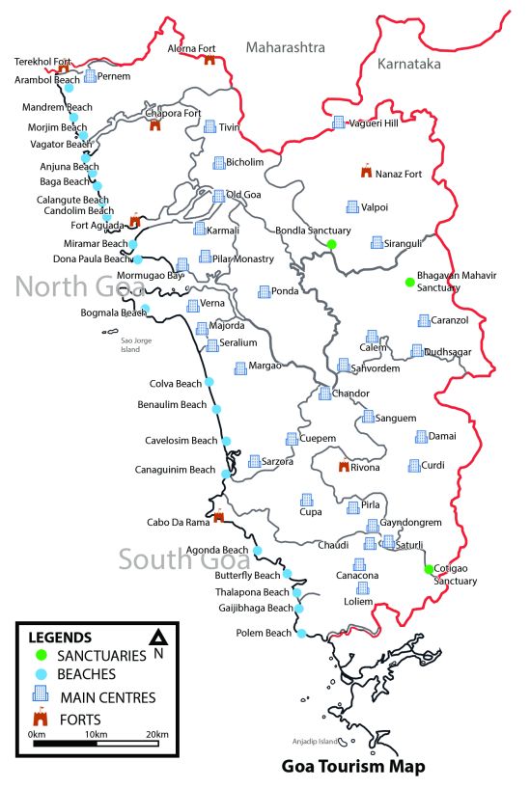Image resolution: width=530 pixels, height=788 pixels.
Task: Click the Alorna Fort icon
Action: pyautogui.click(x=209, y=61)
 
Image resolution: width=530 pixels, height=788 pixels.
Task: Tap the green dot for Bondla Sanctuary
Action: pyautogui.click(x=331, y=244)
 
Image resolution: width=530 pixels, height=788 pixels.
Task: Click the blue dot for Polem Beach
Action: pyautogui.click(x=301, y=634)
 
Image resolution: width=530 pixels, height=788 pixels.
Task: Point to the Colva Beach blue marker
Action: pyautogui.click(x=209, y=383)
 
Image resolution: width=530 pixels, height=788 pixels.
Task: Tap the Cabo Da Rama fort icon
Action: pyautogui.click(x=219, y=517)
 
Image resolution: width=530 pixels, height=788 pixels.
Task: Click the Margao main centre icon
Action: pyautogui.click(x=240, y=367)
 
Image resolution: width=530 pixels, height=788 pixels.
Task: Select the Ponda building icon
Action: pyautogui.click(x=265, y=291)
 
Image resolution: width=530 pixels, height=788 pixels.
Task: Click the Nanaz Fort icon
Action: pyautogui.click(x=365, y=172)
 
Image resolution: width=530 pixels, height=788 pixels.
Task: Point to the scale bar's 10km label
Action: pyautogui.click(x=95, y=735)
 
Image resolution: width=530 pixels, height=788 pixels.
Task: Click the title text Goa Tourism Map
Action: pyautogui.click(x=343, y=768)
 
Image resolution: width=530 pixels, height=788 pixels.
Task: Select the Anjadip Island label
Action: pyautogui.click(x=317, y=742)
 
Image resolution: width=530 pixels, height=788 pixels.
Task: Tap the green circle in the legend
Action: pyautogui.click(x=40, y=656)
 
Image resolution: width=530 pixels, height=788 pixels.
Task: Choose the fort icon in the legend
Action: pyautogui.click(x=41, y=718)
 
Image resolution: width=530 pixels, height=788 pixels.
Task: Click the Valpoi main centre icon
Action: pyautogui.click(x=352, y=206)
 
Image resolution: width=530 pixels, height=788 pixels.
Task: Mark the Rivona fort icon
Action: pyautogui.click(x=342, y=467)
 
